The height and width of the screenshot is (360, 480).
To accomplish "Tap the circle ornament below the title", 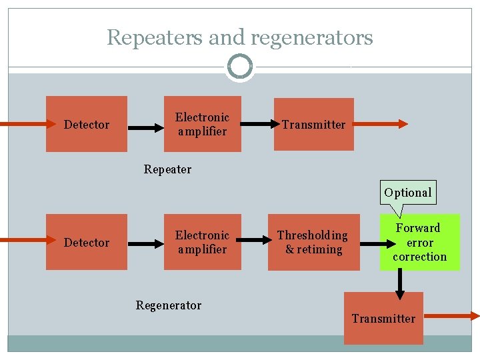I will point(239,67).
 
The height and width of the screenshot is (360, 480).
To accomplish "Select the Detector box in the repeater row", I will point(87,124).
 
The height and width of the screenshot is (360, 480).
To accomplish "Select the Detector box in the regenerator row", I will point(87,242).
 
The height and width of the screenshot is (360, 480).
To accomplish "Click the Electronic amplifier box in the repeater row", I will point(202,124).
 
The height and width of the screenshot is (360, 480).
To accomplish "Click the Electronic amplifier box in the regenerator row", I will point(202,242).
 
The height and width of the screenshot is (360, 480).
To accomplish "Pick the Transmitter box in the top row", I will point(313,124).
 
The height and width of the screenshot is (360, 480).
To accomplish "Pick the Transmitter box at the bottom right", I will point(383,318).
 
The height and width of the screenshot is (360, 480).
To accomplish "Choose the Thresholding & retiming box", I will point(313,242).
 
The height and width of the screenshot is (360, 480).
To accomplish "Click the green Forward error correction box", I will point(419,242).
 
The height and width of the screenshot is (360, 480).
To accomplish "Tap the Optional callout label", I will point(407,193).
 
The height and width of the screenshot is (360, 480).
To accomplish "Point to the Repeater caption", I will point(167,169).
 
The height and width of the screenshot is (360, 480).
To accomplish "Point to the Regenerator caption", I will point(168,305).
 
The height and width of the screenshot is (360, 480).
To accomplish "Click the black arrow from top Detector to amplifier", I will point(145,125).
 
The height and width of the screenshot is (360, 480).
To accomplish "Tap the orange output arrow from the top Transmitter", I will point(380,123).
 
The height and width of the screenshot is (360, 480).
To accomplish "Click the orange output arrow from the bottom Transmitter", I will point(451,317).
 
